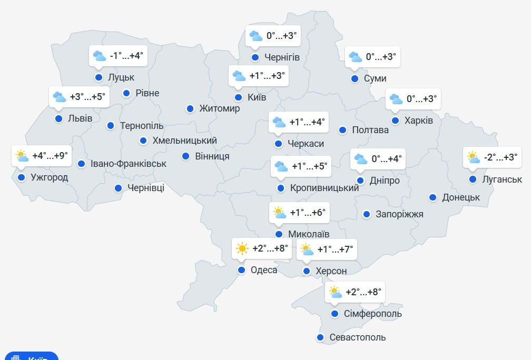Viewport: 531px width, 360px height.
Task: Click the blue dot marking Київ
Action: [238, 97]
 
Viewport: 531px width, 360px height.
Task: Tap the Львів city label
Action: [80, 118]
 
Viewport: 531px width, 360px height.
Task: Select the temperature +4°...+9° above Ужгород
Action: [50, 156]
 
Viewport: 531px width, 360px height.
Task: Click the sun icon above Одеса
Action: [242, 248]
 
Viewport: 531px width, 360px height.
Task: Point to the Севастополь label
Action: [357, 337]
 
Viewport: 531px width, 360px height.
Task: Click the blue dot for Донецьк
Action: [432, 197]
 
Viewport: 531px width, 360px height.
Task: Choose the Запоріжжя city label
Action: [399, 214]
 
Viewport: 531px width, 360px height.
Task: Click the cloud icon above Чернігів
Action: [256, 36]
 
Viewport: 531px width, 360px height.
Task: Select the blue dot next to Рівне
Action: [126, 93]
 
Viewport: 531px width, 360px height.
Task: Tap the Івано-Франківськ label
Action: [129, 164]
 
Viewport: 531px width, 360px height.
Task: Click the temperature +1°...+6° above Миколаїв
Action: [308, 213]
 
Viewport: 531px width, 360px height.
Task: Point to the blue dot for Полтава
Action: [342, 130]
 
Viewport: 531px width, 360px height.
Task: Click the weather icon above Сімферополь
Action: [335, 292]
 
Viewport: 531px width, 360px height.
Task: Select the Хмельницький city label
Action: [184, 141]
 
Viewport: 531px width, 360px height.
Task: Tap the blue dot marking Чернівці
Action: [118, 188]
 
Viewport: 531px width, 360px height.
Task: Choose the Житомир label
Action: [220, 109]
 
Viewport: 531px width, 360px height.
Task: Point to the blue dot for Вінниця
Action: [185, 156]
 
